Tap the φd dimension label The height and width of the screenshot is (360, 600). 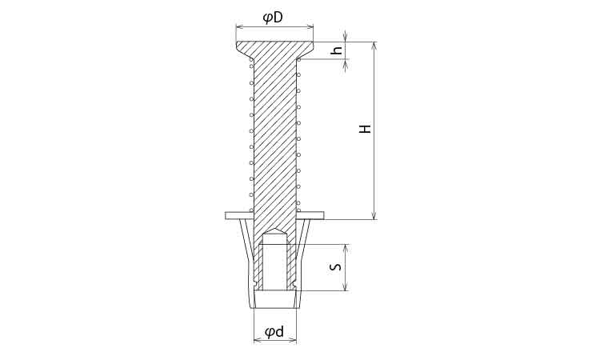[275, 332]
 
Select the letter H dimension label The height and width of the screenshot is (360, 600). [366, 129]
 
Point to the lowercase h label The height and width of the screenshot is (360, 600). [337, 50]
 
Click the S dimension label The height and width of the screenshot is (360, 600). [335, 266]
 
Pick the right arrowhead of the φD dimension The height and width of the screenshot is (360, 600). [309, 26]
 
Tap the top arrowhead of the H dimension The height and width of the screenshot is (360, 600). [374, 46]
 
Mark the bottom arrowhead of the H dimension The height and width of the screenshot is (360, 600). [374, 215]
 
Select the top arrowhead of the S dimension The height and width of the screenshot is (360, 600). [346, 248]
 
